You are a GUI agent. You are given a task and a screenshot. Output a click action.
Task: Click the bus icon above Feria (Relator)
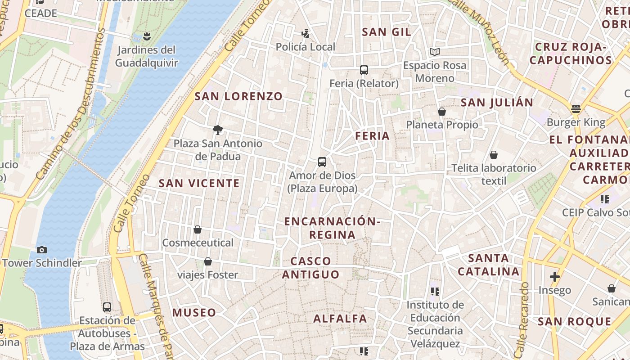(364, 70)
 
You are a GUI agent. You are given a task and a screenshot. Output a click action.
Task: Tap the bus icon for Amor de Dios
(322, 162)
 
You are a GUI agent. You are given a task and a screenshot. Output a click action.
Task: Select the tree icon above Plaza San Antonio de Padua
(218, 130)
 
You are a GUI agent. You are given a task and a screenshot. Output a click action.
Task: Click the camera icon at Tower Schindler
(42, 250)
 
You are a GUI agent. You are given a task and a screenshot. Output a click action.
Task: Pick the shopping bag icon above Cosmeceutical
(198, 229)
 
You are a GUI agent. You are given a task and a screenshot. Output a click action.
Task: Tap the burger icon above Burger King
(576, 108)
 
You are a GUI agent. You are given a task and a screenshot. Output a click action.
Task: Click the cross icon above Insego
(554, 277)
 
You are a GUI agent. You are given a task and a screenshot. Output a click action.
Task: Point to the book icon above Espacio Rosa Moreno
(434, 52)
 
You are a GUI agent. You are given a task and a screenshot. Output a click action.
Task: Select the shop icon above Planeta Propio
(442, 112)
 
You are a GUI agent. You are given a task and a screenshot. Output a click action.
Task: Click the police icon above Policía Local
(306, 33)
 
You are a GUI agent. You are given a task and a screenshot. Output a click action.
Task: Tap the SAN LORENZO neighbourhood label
(238, 96)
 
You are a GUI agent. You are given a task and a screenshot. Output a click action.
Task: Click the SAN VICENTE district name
(199, 183)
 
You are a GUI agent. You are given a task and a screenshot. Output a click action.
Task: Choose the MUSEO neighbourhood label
(194, 312)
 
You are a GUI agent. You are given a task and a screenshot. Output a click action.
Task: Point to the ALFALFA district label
(340, 319)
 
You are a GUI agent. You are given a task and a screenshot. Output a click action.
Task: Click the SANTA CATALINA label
(489, 265)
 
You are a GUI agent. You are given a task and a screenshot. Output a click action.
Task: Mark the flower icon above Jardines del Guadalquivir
(146, 36)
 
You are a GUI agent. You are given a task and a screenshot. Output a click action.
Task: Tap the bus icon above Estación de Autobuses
(107, 307)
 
